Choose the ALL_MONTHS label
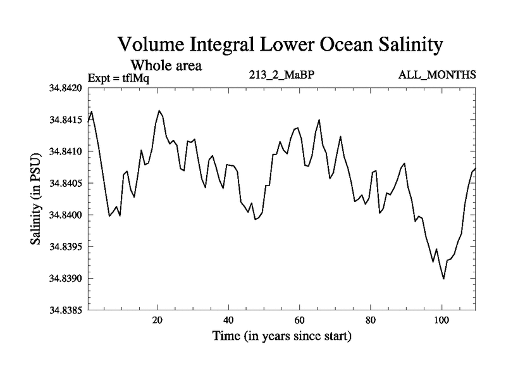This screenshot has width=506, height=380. (x=436, y=75)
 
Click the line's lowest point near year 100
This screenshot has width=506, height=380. (x=443, y=279)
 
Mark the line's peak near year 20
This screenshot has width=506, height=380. (x=159, y=111)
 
